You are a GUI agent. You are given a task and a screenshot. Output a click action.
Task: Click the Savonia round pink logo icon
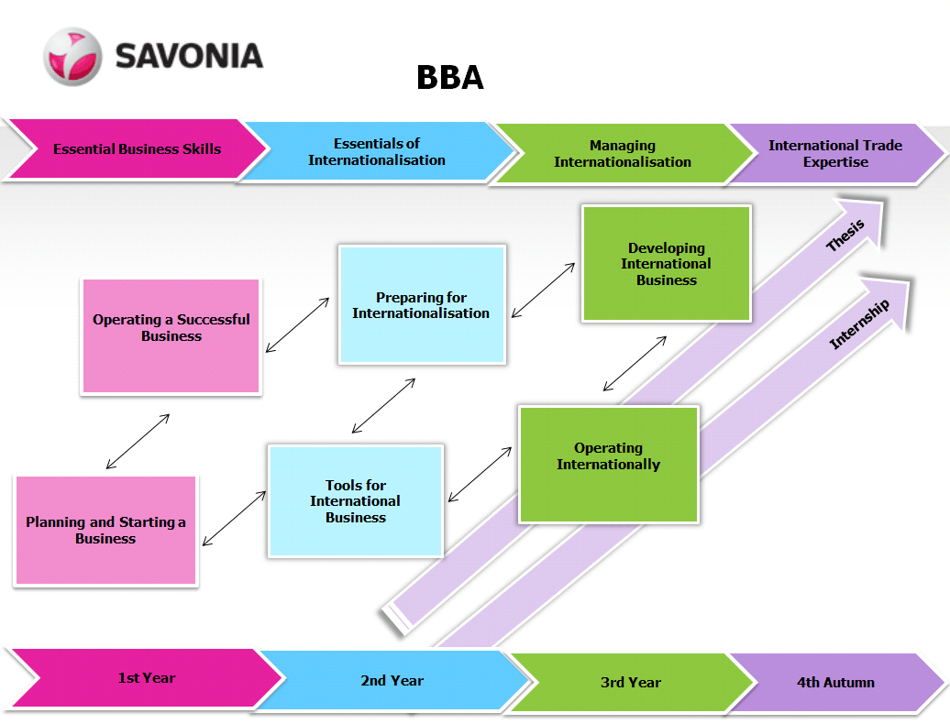(x=72, y=57)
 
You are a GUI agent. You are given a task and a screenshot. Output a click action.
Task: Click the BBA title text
(x=449, y=78)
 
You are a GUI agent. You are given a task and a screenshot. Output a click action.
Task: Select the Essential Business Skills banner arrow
(x=137, y=148)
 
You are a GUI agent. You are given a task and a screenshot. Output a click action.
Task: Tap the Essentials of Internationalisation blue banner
(x=376, y=152)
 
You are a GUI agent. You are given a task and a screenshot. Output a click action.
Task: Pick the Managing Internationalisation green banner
(x=622, y=154)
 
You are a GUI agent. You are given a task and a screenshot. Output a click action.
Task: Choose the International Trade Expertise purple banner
(x=834, y=154)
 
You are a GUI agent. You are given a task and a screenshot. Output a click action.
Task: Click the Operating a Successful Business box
(x=171, y=336)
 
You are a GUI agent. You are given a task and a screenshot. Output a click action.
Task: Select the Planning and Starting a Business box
(x=105, y=530)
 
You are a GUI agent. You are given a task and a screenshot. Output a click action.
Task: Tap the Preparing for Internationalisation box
(x=421, y=305)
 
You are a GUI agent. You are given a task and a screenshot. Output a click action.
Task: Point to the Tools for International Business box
(x=355, y=501)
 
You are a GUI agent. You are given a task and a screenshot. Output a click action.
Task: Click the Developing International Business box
(x=666, y=264)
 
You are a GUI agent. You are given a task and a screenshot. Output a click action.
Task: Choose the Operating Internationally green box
(x=608, y=464)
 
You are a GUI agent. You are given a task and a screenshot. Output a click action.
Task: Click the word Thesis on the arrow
(x=845, y=237)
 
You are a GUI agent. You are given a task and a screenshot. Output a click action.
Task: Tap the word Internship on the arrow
(x=859, y=324)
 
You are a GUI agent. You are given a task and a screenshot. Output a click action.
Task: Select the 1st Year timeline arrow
(x=146, y=679)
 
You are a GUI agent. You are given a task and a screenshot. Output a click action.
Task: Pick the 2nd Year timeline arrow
(x=392, y=681)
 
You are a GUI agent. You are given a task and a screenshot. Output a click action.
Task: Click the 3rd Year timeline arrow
(x=630, y=683)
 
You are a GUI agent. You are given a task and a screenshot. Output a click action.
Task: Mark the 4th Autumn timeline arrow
(x=834, y=683)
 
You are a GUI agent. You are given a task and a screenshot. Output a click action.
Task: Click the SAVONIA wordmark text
(x=189, y=56)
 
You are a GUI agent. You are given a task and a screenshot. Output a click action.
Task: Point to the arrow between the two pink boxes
(x=138, y=442)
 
